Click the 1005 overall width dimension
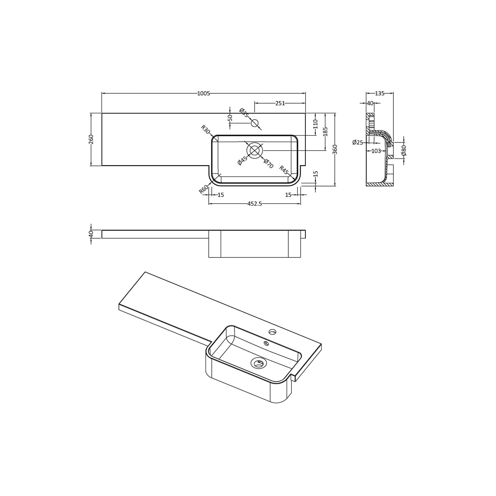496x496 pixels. click(204, 93)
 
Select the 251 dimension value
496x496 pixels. click(280, 103)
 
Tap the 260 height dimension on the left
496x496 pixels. click(91, 139)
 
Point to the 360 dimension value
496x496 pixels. click(335, 149)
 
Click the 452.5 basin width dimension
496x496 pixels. click(255, 204)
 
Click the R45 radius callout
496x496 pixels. click(285, 170)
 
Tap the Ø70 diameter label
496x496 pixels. click(268, 164)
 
